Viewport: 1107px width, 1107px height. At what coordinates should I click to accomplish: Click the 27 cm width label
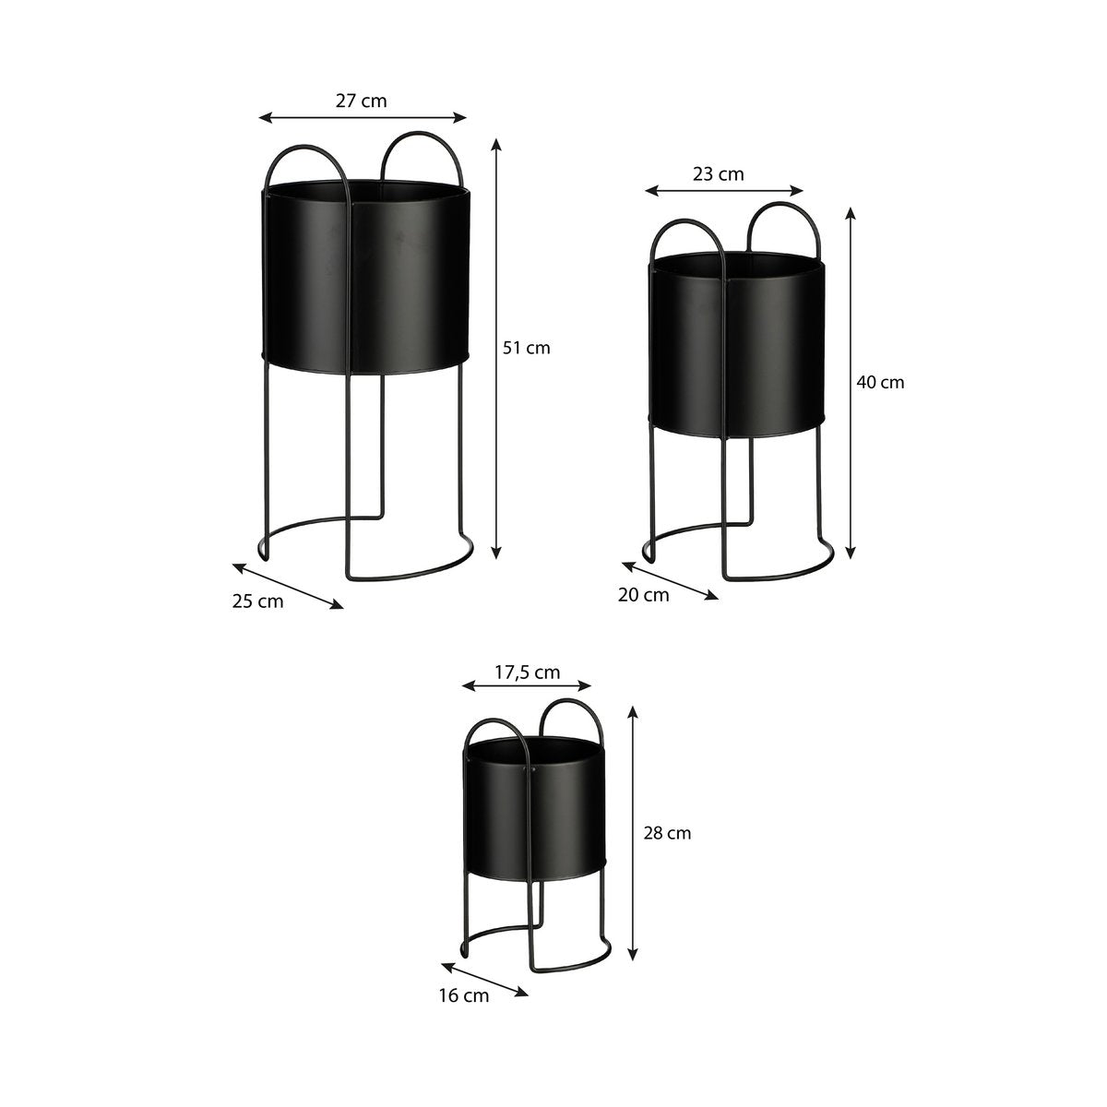[x=361, y=101]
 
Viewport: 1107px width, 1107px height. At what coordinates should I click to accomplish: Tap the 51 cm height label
[x=526, y=348]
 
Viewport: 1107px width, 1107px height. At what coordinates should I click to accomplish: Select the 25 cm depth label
[x=257, y=601]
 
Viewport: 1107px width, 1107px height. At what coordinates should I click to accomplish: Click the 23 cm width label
[x=718, y=173]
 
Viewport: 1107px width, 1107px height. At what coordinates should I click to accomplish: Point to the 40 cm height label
[x=880, y=382]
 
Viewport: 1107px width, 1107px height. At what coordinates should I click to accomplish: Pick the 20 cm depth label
[x=643, y=595]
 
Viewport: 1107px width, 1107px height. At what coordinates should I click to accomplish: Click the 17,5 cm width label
[x=527, y=672]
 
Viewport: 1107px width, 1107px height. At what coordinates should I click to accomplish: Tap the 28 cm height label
[x=667, y=833]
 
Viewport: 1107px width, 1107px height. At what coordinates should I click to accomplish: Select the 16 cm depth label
[x=464, y=995]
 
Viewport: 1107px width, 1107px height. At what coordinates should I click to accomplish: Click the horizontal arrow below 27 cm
[x=363, y=117]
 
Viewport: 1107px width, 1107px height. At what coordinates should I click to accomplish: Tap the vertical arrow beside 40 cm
[x=851, y=382]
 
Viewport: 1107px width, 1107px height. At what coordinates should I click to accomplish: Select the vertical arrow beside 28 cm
[x=633, y=833]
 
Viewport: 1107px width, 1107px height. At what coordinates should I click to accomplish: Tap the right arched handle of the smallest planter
[x=571, y=720]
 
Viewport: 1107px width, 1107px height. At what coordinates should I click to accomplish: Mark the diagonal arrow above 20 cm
[x=670, y=581]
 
